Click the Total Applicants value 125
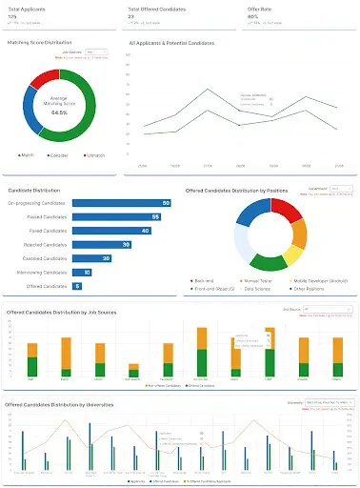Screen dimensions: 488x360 point(12,16)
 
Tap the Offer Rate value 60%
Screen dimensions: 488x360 point(253,16)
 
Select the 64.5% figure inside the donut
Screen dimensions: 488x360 point(60,112)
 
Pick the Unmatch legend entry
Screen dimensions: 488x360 point(99,154)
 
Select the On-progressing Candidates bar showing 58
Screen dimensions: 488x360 point(120,203)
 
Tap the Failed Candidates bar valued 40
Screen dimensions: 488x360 point(110,231)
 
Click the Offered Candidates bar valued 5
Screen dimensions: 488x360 point(77,286)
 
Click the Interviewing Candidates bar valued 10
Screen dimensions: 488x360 point(81,273)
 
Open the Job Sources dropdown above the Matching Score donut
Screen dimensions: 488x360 point(96,52)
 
